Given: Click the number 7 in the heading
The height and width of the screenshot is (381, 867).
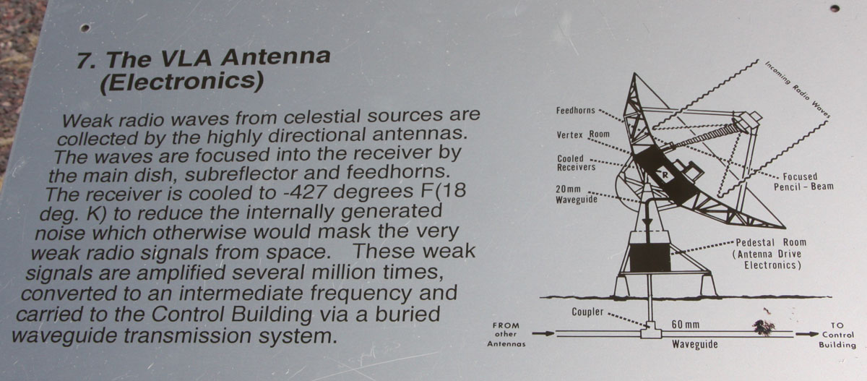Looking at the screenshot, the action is pos(85,60).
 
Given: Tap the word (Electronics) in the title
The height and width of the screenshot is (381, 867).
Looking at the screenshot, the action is pos(181,82).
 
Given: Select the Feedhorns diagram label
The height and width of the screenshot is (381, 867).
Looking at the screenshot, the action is pos(576,111).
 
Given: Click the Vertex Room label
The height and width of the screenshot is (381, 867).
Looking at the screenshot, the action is pos(583,134).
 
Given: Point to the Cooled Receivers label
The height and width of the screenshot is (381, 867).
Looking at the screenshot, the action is pos(576,163).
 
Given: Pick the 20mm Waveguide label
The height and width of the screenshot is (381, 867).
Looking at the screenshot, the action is pos(577,194).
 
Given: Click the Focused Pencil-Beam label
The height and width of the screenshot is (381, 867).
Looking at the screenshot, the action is pos(803,181).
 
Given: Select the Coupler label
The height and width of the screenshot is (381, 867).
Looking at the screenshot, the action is pos(587,312).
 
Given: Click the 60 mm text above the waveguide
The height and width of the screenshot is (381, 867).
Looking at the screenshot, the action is pos(685,324).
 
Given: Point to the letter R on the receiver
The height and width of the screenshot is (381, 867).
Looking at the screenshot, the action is pos(665,175).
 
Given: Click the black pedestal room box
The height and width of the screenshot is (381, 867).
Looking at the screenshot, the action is pos(650,257).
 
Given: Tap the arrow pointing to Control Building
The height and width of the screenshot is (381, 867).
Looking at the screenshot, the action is pos(806,334).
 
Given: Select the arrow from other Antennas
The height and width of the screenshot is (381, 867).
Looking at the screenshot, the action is pos(543,333).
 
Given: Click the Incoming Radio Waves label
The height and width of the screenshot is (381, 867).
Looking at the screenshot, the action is pos(798,90).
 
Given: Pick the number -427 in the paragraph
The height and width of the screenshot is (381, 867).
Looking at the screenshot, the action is pos(306,192).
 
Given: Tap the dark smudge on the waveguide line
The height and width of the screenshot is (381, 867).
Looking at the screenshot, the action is pos(763,328).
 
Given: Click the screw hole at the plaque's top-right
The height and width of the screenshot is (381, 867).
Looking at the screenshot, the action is pos(835,9).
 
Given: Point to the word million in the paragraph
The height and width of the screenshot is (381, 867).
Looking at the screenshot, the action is pos(345,272).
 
